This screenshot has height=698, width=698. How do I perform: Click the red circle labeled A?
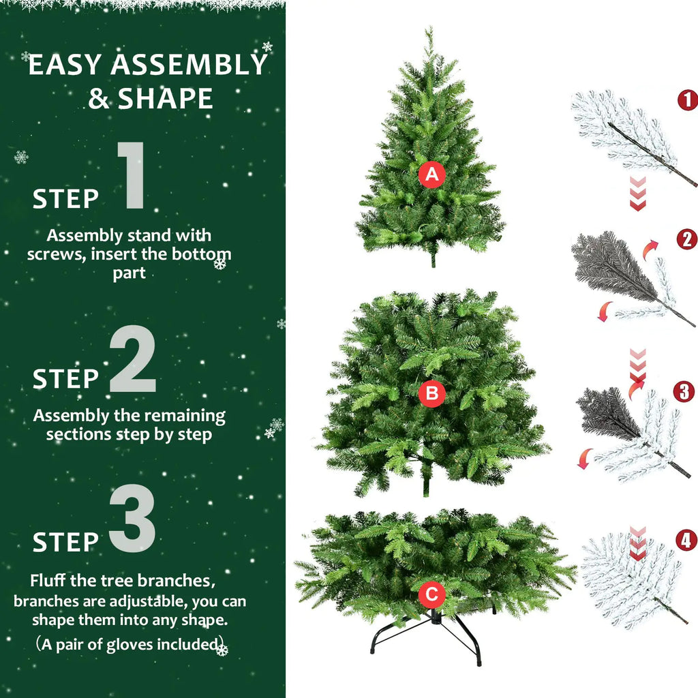pos(431,175)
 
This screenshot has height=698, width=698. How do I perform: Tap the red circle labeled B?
pos(431,393)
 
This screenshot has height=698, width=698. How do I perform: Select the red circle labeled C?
pos(431,594)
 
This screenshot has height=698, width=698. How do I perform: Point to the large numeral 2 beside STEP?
pos(132,359)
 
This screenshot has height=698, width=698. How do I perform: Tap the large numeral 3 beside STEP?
pos(132,519)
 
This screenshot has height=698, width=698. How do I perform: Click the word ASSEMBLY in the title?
pos(189,65)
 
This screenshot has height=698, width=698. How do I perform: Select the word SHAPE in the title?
pos(166,99)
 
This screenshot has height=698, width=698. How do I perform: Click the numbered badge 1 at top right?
pos(687,100)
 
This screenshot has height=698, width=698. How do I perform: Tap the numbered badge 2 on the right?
pos(686,239)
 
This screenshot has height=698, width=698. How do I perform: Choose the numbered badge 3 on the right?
pos(684,392)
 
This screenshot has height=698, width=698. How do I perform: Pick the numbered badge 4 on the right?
pos(686,541)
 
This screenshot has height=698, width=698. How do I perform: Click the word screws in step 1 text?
pos(51,255)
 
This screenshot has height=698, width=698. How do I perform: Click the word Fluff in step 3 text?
pos(47,581)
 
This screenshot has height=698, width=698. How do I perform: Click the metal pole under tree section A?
pos(432,258)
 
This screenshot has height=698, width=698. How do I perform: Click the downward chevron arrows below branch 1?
pos(637,194)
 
